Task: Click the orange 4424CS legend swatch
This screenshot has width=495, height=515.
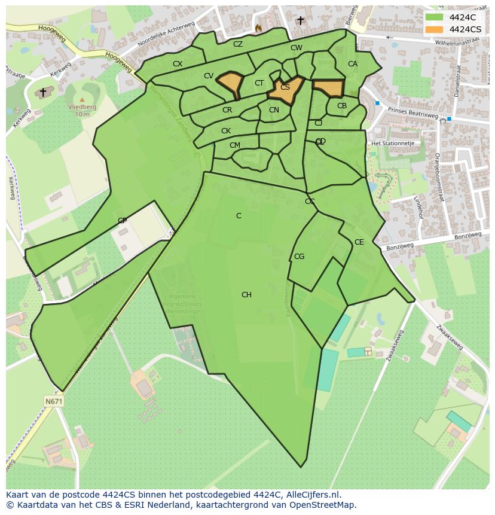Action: [x=435, y=29]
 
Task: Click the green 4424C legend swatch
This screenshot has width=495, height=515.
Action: [x=435, y=17]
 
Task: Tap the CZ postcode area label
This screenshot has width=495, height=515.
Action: [x=238, y=44]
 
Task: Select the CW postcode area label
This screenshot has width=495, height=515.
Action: [x=297, y=48]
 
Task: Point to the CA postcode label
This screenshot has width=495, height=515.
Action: [x=353, y=64]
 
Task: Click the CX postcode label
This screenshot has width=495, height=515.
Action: [x=178, y=63]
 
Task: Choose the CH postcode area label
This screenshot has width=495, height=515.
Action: [x=246, y=295]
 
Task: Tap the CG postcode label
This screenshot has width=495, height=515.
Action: [x=299, y=257]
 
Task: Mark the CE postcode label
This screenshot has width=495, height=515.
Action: [x=359, y=242]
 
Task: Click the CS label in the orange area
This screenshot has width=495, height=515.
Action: [x=285, y=87]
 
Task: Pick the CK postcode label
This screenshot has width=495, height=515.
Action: [x=226, y=131]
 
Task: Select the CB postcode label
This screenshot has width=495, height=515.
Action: [x=342, y=106]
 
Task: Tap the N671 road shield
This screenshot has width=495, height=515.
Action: [x=53, y=400]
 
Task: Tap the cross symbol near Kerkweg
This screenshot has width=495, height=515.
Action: [x=42, y=92]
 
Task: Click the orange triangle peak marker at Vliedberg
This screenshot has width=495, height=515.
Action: [x=82, y=99]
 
